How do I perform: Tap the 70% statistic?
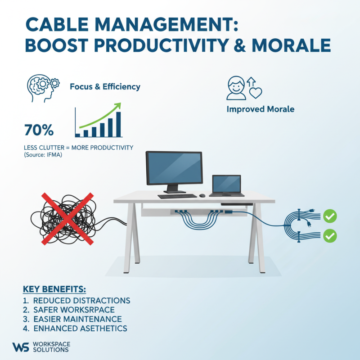(39, 130)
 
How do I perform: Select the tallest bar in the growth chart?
(118, 124)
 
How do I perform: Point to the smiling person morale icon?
(236, 87)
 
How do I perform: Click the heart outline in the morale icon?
(256, 94)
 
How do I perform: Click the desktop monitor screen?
(172, 168)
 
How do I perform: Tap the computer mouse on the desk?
(202, 195)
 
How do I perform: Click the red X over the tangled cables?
(67, 219)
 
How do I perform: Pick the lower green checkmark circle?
(330, 235)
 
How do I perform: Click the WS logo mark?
(21, 346)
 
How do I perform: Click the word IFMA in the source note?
(55, 154)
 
